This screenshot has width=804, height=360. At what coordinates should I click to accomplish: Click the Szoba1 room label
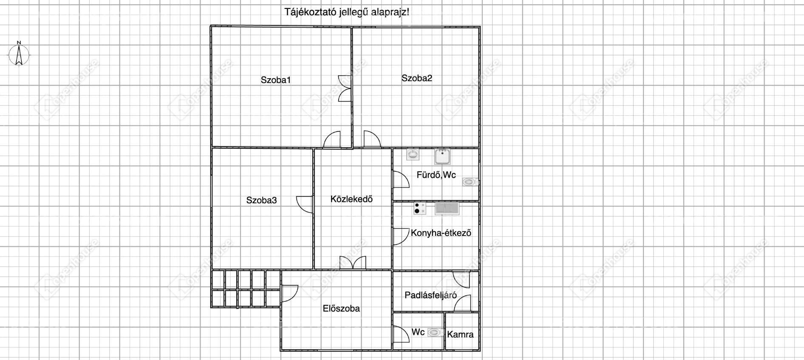[276, 80]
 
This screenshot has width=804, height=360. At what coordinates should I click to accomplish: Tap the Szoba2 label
[417, 78]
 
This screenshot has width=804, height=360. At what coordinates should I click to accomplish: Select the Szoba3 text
[261, 200]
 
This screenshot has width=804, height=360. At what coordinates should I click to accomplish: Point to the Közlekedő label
[351, 199]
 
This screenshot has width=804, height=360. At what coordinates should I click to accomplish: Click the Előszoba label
[341, 309]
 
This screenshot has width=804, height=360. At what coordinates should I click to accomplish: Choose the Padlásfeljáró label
[430, 295]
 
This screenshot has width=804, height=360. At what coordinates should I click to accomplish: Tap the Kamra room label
[460, 334]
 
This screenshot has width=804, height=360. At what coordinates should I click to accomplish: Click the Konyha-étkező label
[441, 233]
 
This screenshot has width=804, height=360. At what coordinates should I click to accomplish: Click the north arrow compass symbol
[19, 54]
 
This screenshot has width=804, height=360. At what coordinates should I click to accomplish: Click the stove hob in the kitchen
[420, 209]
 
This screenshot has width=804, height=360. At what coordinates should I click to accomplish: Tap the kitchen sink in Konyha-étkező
[447, 209]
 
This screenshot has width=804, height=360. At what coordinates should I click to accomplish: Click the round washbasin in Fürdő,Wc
[413, 154]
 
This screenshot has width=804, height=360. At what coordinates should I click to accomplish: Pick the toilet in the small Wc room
[435, 332]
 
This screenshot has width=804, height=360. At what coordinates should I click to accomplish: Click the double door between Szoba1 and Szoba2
[344, 88]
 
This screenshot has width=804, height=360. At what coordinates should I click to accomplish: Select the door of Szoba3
[305, 204]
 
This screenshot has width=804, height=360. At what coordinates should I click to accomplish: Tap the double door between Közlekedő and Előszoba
[353, 263]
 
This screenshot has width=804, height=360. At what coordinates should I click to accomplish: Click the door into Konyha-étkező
[400, 237]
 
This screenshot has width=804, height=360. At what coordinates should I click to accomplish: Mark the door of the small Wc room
[401, 334]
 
